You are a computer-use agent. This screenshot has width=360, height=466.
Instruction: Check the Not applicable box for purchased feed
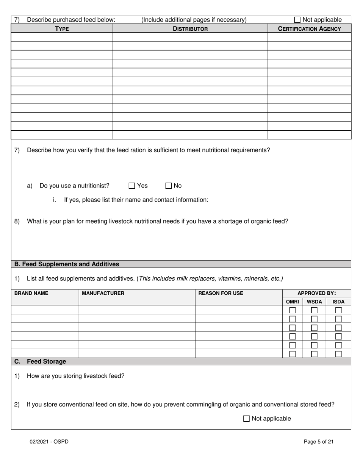pos(297,20)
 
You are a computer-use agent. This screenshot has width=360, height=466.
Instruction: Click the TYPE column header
pos(62,28)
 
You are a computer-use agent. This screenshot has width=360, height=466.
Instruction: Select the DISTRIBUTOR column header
pos(190,28)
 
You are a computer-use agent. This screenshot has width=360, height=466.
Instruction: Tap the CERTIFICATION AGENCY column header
pos(309,28)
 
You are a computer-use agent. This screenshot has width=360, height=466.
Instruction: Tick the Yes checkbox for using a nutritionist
pos(132,186)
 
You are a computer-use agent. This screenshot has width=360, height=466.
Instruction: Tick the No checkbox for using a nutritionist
pos(169,186)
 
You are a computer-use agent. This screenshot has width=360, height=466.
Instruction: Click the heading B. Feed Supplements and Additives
pos(67,264)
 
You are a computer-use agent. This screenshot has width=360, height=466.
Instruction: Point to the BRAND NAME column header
pos(31,293)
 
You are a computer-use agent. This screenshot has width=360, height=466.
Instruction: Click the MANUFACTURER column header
pos(103,293)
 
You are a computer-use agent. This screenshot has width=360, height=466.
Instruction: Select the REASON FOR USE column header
pos(221,293)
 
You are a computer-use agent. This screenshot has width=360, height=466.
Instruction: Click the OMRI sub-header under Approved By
pos(292,302)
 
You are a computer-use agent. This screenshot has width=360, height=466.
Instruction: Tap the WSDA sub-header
pos(314,302)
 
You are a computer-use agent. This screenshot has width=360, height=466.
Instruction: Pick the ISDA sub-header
pos(338,302)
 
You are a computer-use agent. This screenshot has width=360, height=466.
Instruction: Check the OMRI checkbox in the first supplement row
pos(293,310)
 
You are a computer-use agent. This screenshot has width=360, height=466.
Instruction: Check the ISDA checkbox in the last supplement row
pos(338,354)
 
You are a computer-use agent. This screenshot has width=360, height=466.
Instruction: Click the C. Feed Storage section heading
pos(40,361)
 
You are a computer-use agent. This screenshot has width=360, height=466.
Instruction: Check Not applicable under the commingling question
pos(246,419)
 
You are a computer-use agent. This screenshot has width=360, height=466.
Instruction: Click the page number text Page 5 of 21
pos(318,441)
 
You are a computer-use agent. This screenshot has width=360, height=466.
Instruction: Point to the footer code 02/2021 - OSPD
pos(49,441)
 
